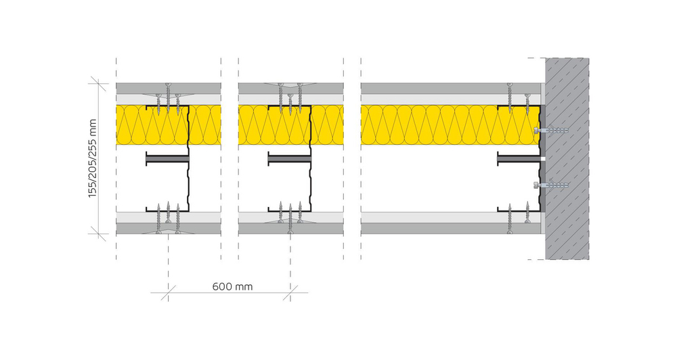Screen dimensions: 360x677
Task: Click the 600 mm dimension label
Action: [232, 286]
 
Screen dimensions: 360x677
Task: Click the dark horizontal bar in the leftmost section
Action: [167, 160]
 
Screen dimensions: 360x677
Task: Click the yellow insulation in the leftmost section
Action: [132, 125]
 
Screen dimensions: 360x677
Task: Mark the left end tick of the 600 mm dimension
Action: [168, 292]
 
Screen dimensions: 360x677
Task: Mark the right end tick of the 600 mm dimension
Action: [290, 292]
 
